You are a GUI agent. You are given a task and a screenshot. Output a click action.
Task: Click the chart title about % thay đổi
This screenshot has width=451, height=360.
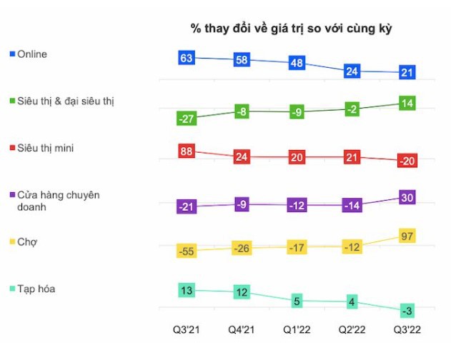[292, 29]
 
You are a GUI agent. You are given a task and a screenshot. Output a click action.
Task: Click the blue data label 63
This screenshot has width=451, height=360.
[187, 58]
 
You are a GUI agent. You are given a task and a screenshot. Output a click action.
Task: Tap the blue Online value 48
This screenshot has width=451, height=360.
[297, 63]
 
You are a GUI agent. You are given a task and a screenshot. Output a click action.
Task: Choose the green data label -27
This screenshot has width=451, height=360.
[187, 119]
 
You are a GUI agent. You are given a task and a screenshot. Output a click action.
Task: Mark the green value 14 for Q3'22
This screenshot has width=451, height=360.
[407, 104]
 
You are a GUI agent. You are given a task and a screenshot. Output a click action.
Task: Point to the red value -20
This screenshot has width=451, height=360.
[407, 161]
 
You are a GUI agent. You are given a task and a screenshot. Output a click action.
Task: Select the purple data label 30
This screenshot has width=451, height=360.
[407, 198]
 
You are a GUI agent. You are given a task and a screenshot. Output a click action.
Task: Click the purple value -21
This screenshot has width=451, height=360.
[187, 207]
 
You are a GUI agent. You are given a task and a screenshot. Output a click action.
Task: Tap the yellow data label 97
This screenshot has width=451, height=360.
[407, 236]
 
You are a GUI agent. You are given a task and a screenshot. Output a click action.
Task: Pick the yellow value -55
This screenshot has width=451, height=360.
[187, 251]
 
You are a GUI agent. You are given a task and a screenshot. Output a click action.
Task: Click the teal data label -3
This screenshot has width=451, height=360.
[407, 311]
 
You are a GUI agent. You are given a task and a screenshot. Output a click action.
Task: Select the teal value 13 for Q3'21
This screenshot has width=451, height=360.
[187, 290]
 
